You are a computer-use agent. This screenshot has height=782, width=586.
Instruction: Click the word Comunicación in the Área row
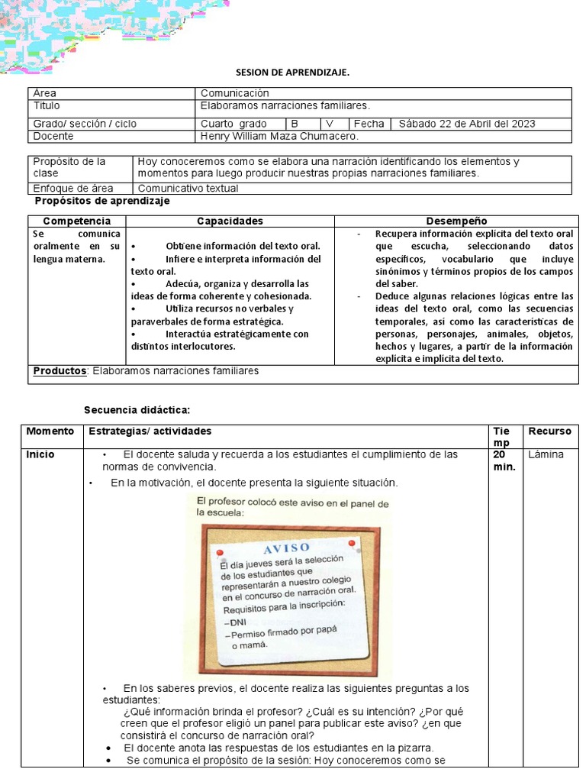tap(235, 93)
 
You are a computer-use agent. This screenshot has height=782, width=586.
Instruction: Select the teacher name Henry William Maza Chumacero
tap(279, 136)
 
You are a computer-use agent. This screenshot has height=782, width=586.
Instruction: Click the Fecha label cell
tap(370, 124)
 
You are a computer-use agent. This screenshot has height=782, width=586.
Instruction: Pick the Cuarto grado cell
tap(233, 124)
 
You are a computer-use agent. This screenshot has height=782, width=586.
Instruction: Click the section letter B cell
tap(294, 124)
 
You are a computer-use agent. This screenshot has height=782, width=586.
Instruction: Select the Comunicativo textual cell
tap(188, 188)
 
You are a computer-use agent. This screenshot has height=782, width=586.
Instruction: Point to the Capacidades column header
tap(230, 221)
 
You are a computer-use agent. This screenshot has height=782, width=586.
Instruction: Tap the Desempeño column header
tap(456, 221)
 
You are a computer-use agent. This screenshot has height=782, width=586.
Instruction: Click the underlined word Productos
tap(60, 371)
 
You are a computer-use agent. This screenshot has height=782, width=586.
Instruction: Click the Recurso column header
tap(549, 431)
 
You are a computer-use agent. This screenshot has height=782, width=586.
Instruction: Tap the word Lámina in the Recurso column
tap(546, 454)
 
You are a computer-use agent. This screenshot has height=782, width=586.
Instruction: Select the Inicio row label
tap(40, 454)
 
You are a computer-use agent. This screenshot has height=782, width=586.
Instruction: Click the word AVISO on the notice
tap(287, 548)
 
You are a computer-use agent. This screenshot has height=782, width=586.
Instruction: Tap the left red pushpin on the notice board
tap(220, 551)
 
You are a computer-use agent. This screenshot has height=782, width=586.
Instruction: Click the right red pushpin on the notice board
tap(352, 543)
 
